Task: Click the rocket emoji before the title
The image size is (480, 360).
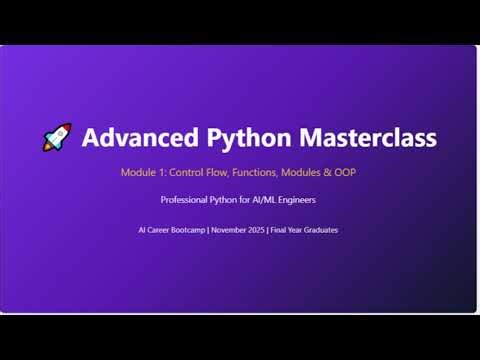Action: coord(57,138)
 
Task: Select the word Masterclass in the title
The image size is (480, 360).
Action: coord(360,137)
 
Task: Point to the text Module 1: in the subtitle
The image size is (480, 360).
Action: coord(143,172)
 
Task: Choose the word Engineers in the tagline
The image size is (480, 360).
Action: coord(299,199)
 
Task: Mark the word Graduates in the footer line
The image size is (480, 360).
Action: coord(319,230)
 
